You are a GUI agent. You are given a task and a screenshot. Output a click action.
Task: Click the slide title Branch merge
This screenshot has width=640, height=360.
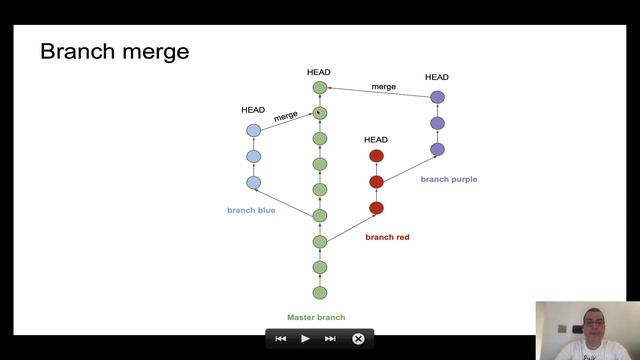coord(114,51)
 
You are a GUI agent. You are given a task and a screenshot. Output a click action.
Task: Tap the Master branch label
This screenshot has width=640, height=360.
coord(316,318)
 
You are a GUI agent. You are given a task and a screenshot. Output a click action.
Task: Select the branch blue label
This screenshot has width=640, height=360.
coord(251,210)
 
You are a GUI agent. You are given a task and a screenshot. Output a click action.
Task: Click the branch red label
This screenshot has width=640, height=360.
coord(387,237)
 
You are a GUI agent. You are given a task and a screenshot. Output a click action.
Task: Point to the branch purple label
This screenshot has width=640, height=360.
coord(449,179)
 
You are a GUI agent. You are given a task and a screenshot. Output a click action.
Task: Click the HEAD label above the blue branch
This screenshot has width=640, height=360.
coord(253,110)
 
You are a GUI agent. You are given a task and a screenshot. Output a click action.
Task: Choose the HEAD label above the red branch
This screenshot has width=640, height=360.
coord(376,140)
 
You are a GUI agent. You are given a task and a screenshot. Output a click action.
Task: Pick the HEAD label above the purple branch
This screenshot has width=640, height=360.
coord(437,77)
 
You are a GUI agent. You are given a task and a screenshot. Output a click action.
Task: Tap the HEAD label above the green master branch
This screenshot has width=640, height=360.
coord(319,72)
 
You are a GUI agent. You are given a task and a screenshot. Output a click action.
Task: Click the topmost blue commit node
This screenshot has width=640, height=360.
coord(253,130)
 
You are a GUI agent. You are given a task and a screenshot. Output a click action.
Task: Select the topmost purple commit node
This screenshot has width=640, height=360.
coord(437,97)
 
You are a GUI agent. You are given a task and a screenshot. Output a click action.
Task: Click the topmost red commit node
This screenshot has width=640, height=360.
coord(376,156)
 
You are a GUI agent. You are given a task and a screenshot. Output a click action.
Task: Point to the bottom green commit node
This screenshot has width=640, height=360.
coord(320,293)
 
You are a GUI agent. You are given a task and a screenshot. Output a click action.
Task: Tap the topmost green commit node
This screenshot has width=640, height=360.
coord(320,88)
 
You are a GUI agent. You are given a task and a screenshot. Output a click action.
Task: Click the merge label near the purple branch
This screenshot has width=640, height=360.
coord(384,87)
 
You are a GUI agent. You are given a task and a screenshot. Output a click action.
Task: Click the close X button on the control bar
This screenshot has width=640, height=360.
coord(358,339)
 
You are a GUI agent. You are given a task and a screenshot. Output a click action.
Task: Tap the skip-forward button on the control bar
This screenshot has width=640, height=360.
coord(330,339)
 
